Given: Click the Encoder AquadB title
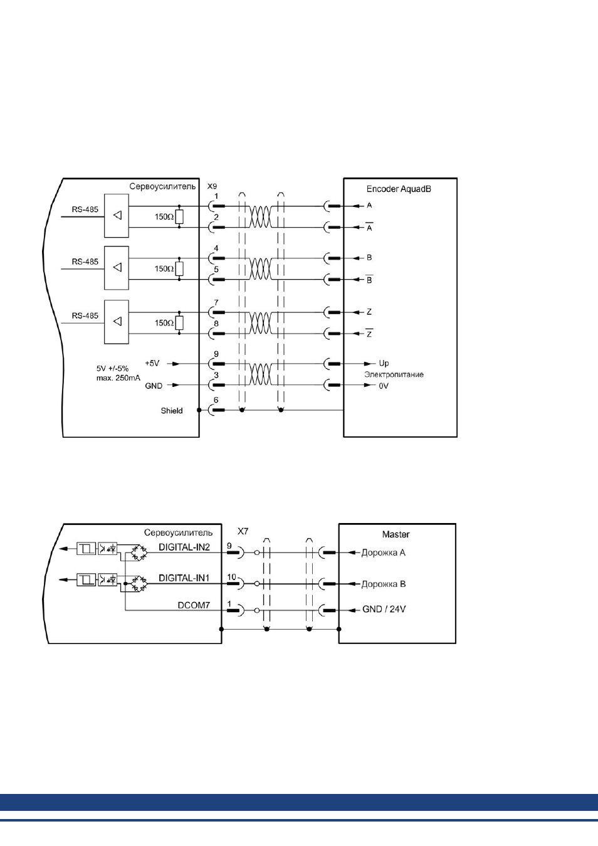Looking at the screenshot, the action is click(x=398, y=189).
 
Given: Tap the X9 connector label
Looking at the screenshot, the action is click(x=212, y=186).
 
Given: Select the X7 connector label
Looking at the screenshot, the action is click(x=243, y=531).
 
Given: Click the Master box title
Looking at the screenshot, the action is click(x=396, y=534).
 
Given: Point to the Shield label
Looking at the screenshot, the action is click(x=172, y=411).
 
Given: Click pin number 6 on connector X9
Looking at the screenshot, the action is click(x=216, y=400).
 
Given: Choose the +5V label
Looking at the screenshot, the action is click(x=152, y=363).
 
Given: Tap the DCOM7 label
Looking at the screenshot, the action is click(x=194, y=605).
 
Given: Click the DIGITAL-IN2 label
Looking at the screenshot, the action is click(x=184, y=547).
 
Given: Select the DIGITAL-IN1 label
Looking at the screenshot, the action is click(x=184, y=578).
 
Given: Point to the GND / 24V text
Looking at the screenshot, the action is click(x=384, y=609).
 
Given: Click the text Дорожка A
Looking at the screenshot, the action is click(x=383, y=553).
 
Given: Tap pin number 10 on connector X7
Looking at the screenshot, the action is click(x=231, y=577).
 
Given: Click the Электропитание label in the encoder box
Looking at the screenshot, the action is click(x=394, y=374).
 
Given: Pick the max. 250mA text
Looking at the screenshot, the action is click(x=118, y=378).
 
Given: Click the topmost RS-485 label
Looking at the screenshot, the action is click(x=85, y=209).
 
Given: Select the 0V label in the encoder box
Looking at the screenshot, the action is click(x=384, y=386).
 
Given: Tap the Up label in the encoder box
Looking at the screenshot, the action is click(x=384, y=363).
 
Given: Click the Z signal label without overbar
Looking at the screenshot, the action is click(x=369, y=312).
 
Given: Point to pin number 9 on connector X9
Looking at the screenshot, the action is click(x=216, y=354).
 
